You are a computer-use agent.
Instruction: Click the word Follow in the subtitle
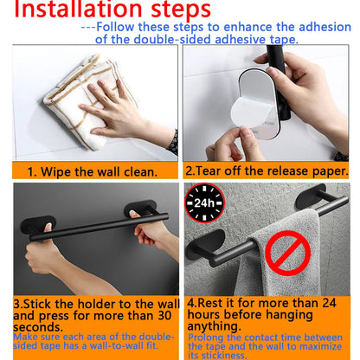[x=120, y=28]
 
